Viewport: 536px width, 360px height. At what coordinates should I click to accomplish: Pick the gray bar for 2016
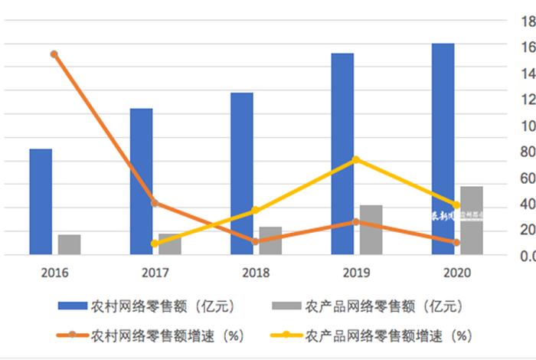pos(69,244)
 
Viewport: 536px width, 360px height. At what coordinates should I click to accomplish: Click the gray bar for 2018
pos(270,241)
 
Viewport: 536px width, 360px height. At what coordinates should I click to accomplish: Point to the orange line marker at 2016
pos(54,54)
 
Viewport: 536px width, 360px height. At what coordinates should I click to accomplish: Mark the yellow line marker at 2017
pos(155,244)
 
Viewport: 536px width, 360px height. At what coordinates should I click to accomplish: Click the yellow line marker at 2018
pos(256,211)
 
